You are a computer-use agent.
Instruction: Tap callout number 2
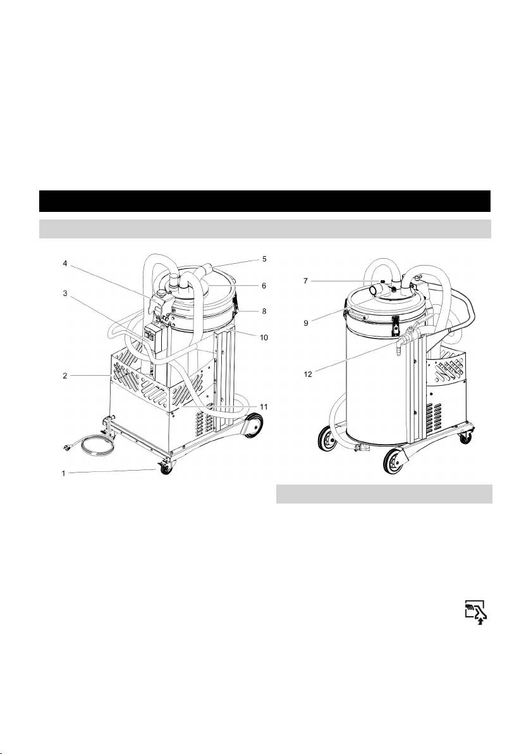[x=65, y=376]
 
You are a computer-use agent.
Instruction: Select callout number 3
[x=65, y=293]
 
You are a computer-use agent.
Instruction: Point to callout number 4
[x=65, y=263]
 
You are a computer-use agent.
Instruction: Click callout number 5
[x=264, y=259]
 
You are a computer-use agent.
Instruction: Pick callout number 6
[x=264, y=286]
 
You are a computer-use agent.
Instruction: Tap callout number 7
[x=305, y=281]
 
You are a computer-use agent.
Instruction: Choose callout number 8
[x=264, y=311]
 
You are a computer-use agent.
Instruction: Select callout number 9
[x=305, y=310]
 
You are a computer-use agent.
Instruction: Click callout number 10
[x=264, y=338]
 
